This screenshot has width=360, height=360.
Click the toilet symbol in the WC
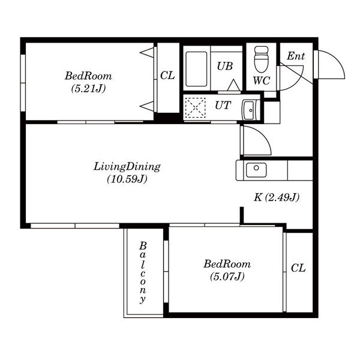[x=261, y=59]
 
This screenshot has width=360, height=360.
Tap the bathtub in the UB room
[x=196, y=69]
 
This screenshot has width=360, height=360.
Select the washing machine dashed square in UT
[x=196, y=107]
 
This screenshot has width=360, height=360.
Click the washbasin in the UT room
[x=248, y=110]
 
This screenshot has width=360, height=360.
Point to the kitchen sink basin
[x=256, y=170]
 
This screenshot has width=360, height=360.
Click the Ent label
[x=296, y=56]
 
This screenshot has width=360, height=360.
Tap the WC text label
[x=262, y=80]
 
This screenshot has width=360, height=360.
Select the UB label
[x=225, y=66]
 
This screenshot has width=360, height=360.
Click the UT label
[x=223, y=106]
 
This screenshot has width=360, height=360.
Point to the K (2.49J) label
[x=277, y=197]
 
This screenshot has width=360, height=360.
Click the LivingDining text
[x=127, y=167]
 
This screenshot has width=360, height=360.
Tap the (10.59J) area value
[x=127, y=179]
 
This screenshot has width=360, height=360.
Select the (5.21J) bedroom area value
[x=88, y=88]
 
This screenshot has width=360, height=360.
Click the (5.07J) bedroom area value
[x=227, y=276]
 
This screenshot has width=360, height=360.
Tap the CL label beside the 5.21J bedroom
[x=167, y=76]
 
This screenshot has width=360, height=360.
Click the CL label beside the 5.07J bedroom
[x=298, y=268]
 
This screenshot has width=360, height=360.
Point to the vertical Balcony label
[x=143, y=272]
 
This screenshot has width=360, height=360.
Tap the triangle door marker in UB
[x=234, y=85]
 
